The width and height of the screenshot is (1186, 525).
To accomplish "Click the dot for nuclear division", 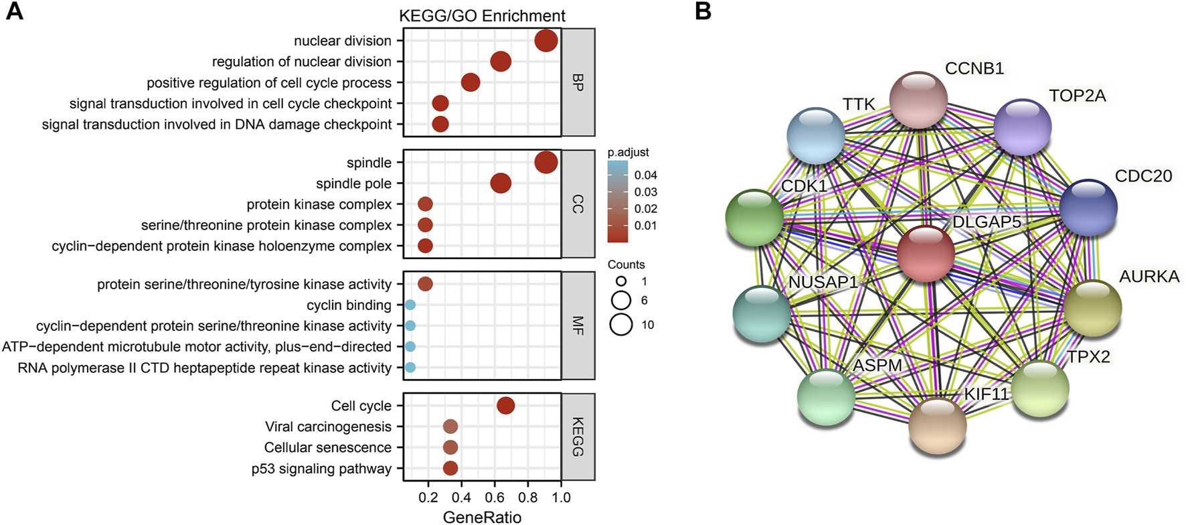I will click(546, 40).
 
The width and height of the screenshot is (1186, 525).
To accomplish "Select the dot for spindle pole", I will click(501, 183).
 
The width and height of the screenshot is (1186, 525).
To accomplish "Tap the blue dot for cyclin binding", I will click(410, 305).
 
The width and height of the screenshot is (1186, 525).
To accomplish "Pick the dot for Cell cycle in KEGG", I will click(506, 405).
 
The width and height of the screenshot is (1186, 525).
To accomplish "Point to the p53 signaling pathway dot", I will click(450, 468).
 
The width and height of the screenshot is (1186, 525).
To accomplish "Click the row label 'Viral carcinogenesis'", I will click(328, 427).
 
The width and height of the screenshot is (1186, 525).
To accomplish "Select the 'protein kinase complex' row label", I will click(319, 204).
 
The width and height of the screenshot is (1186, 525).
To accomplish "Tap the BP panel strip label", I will click(578, 82).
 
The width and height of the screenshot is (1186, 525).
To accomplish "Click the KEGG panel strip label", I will click(578, 437).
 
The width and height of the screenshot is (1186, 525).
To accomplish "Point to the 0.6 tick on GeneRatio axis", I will click(495, 498).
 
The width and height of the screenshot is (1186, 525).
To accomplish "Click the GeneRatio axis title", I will click(482, 516).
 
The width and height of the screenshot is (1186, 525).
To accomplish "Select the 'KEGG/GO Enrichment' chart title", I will click(482, 15).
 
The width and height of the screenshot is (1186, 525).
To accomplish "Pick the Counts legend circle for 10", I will click(621, 325).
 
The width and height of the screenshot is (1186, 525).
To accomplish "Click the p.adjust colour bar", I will click(617, 201).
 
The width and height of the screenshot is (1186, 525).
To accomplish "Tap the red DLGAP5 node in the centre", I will click(926, 253).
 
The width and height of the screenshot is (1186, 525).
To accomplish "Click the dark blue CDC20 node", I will click(1088, 207).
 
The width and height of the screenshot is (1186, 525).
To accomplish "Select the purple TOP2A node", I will click(1022, 127).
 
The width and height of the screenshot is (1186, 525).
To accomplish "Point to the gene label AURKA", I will click(1149, 276).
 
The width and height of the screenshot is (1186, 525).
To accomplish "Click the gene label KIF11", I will click(986, 394).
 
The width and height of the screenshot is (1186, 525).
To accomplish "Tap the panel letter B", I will click(703, 11).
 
